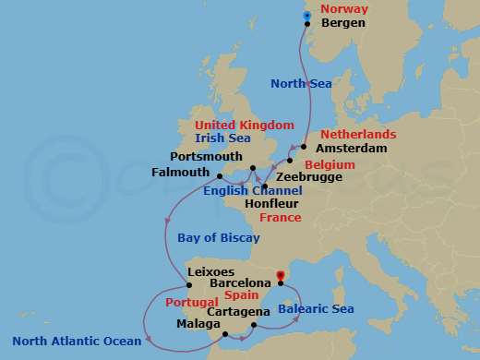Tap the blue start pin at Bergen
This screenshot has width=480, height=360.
[308, 18]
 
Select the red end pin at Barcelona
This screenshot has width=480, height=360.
[281, 276]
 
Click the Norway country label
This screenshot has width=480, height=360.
[342, 9]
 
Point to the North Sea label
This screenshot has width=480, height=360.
[300, 84]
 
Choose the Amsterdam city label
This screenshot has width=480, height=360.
[350, 148]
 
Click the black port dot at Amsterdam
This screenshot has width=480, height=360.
[304, 146]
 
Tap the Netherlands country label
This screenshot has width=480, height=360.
[358, 134]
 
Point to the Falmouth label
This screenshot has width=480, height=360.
[183, 172]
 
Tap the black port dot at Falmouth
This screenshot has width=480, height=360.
[219, 177]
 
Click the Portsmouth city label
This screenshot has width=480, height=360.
[207, 157]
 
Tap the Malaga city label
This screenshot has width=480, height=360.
[198, 324]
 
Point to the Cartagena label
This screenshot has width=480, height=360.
[238, 311]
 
